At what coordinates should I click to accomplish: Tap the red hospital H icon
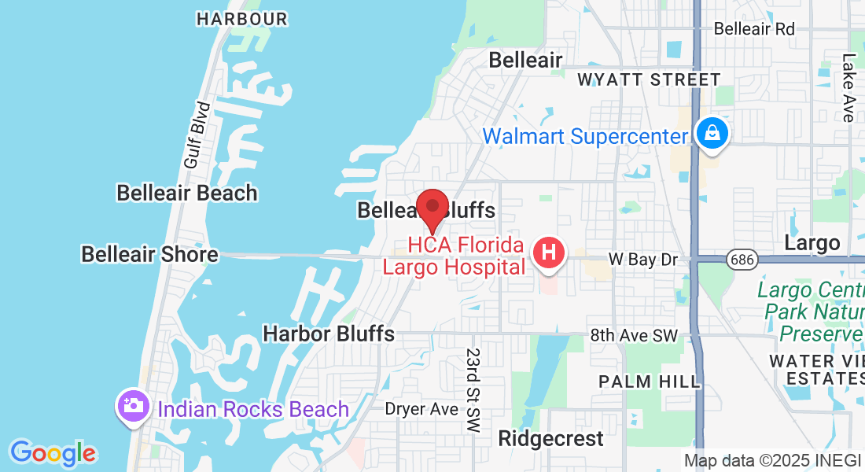[x=549, y=254]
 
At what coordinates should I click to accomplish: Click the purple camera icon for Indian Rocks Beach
[x=133, y=407]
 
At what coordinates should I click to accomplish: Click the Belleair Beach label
[x=187, y=193]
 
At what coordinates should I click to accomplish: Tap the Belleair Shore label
[x=149, y=254]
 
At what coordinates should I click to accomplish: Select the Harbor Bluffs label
[x=329, y=334]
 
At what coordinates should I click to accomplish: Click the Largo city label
[x=812, y=242]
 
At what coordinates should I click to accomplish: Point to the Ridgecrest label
[x=551, y=438]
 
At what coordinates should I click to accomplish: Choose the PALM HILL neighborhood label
[x=649, y=382]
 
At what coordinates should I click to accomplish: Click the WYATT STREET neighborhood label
[x=649, y=79]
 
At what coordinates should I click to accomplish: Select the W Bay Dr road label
[x=642, y=260]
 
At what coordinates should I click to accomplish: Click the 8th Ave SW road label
[x=634, y=335]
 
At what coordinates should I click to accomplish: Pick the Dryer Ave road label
[x=421, y=409]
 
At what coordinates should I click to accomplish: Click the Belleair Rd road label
[x=754, y=29]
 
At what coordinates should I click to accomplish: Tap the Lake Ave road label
[x=848, y=87]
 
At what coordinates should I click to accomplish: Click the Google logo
[x=53, y=453]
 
